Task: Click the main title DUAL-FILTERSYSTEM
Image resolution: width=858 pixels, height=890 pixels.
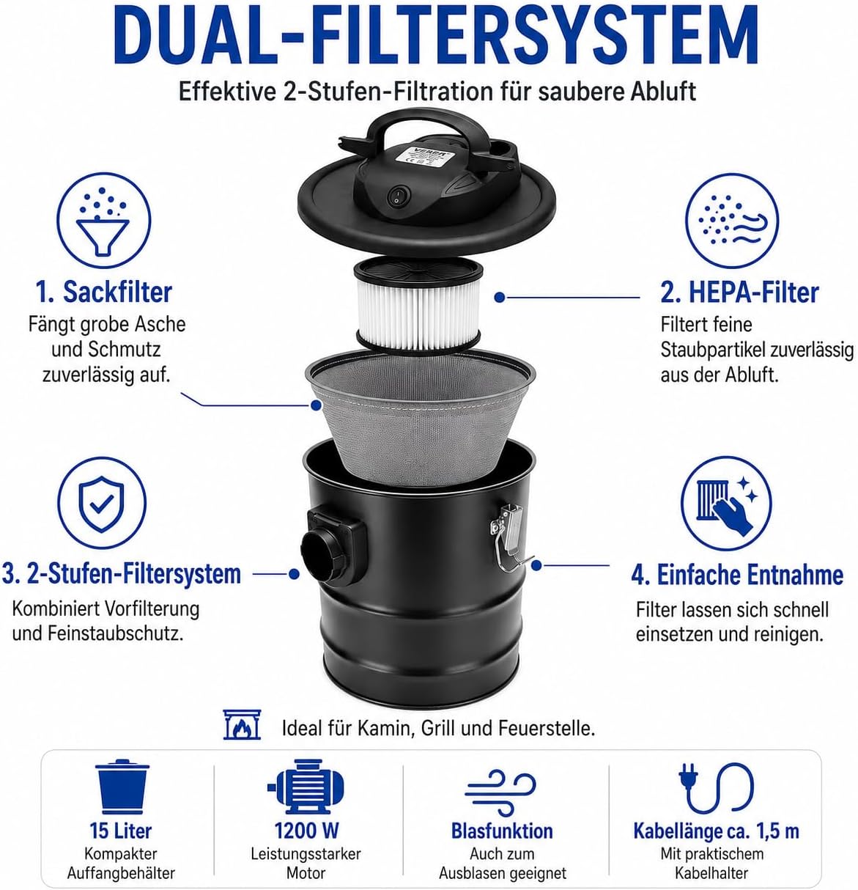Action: point(436,35)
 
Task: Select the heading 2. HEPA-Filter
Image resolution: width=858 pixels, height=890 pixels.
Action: point(739,293)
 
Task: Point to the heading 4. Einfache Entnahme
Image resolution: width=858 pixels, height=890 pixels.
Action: point(737,575)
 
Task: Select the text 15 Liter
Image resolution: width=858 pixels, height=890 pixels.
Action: point(121,831)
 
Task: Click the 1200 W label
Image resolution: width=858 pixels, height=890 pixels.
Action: point(306,831)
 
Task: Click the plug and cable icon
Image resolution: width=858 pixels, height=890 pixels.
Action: point(716,789)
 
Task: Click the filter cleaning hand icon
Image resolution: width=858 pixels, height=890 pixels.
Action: point(726,503)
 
